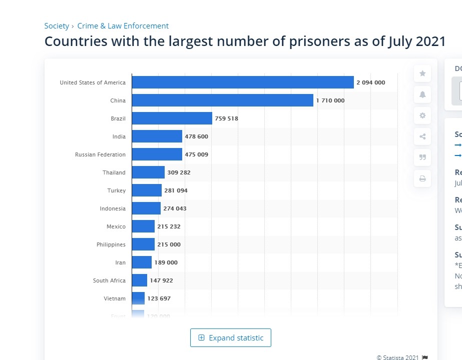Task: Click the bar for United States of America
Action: [x=243, y=82]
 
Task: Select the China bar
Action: [x=223, y=100]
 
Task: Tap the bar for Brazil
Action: [x=172, y=118]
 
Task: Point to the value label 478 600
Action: [x=196, y=136]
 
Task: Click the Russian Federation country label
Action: [x=100, y=154]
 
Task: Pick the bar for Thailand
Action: [x=148, y=172]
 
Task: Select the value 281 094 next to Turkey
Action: [x=176, y=190]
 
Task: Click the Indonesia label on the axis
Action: [x=113, y=208]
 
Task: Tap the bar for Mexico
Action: [x=143, y=226]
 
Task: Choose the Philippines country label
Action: [x=111, y=244]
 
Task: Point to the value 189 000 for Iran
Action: [x=166, y=262]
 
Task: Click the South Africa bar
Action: [x=140, y=280]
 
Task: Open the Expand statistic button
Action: [x=231, y=338]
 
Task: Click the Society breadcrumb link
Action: [x=57, y=26]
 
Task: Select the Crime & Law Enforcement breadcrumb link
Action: [x=123, y=26]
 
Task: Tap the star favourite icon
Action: [x=422, y=73]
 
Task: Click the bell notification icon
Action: [x=422, y=94]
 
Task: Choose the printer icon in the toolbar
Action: [x=422, y=178]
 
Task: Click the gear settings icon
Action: [x=422, y=115]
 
